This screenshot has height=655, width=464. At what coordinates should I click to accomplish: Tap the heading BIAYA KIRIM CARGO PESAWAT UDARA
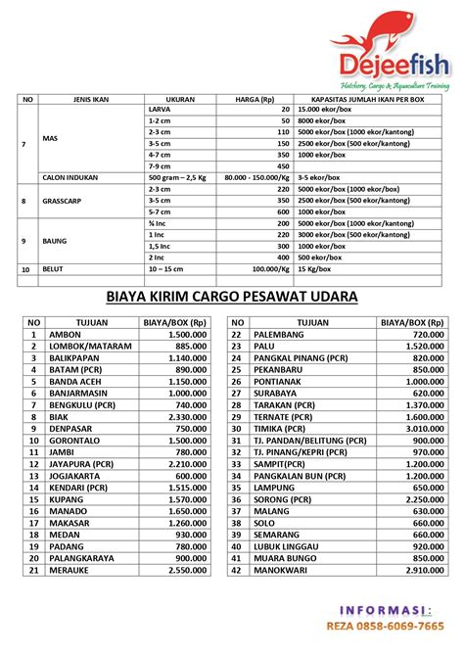pos(232,297)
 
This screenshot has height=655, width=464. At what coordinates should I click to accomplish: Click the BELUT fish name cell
pos(54,267)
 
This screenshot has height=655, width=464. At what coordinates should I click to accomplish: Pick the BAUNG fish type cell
pos(55,239)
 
